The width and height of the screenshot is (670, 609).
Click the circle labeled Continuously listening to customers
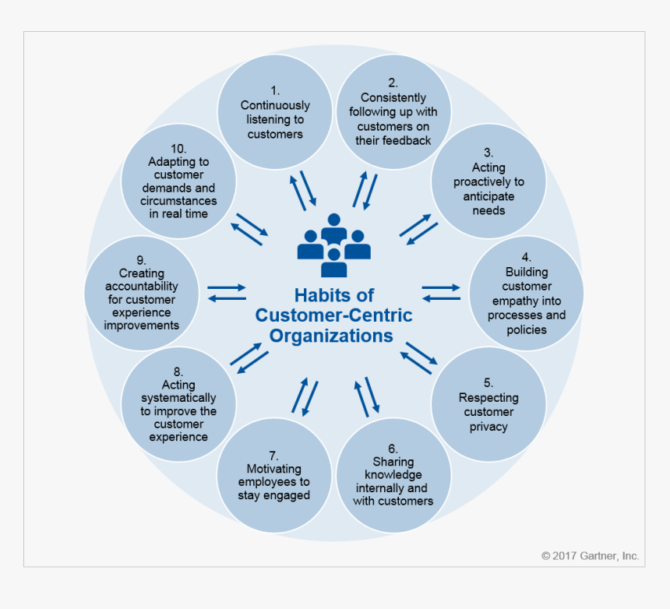(275, 111)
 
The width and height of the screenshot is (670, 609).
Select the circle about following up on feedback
(393, 111)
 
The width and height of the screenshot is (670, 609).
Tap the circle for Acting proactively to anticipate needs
(488, 181)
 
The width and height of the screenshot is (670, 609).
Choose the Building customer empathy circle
(527, 293)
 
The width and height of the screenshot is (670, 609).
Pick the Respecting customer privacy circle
(488, 404)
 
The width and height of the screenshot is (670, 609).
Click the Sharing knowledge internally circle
(393, 474)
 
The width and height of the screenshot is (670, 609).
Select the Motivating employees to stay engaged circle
(274, 474)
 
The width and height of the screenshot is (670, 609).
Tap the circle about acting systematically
(178, 404)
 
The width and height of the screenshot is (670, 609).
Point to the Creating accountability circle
(142, 293)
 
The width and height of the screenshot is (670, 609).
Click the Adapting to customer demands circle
(178, 181)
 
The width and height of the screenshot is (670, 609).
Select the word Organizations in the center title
(332, 336)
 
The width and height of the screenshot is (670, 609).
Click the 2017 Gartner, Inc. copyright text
(590, 556)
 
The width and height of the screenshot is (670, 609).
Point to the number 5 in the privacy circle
(488, 383)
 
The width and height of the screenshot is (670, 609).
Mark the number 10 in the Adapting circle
(178, 148)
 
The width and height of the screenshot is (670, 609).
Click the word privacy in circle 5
(488, 426)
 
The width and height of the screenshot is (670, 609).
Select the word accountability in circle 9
(142, 287)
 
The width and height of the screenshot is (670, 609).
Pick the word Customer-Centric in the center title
(334, 316)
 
